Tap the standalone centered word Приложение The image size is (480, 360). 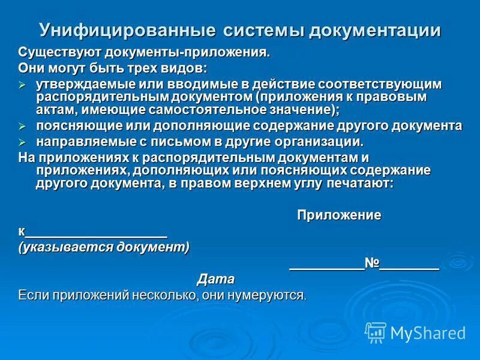click(339, 215)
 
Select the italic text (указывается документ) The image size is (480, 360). click(104, 247)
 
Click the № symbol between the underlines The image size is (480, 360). click(372, 263)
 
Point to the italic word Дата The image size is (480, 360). click(216, 279)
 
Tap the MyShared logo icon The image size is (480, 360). click(376, 332)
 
